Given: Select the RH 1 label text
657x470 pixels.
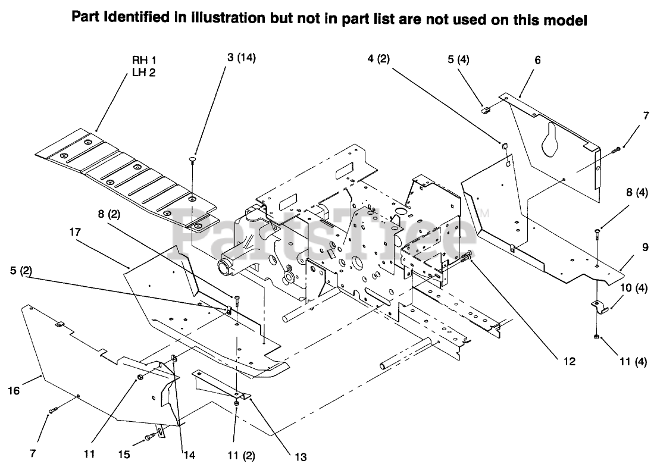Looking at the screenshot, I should coord(143,60).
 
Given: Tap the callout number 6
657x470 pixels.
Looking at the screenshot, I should coord(537,59).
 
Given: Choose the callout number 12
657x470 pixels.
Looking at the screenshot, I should coord(571,361).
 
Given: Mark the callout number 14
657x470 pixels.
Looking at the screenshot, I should coord(189,455).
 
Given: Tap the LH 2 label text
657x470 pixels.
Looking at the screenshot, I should coord(143,73).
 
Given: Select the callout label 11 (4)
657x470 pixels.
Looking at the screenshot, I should coord(633,361).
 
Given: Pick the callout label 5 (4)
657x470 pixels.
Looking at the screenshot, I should coord(458,59).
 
